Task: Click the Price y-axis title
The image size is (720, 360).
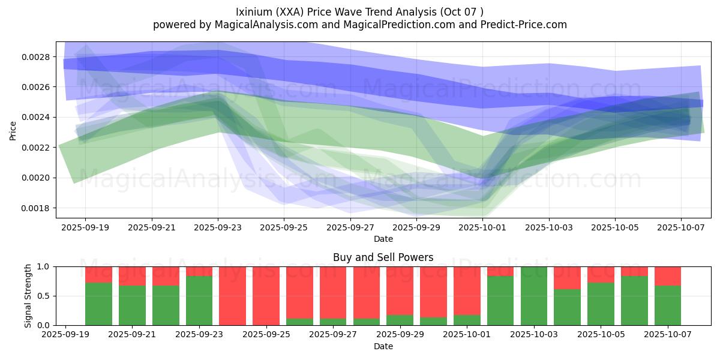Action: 13,130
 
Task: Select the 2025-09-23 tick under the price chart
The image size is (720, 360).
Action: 218,228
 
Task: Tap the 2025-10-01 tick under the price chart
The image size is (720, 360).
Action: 483,228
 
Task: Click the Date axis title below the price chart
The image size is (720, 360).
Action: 383,239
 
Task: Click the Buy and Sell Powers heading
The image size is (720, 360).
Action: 383,257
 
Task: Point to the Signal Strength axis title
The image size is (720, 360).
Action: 28,296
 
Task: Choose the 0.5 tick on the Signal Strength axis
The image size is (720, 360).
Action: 44,296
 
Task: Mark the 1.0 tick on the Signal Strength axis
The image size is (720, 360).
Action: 44,266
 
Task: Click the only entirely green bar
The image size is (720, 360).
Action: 534,296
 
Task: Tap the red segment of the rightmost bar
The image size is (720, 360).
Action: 668,275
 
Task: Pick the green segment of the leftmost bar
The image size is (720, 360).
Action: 98,304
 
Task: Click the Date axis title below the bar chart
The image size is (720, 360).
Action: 383,346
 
